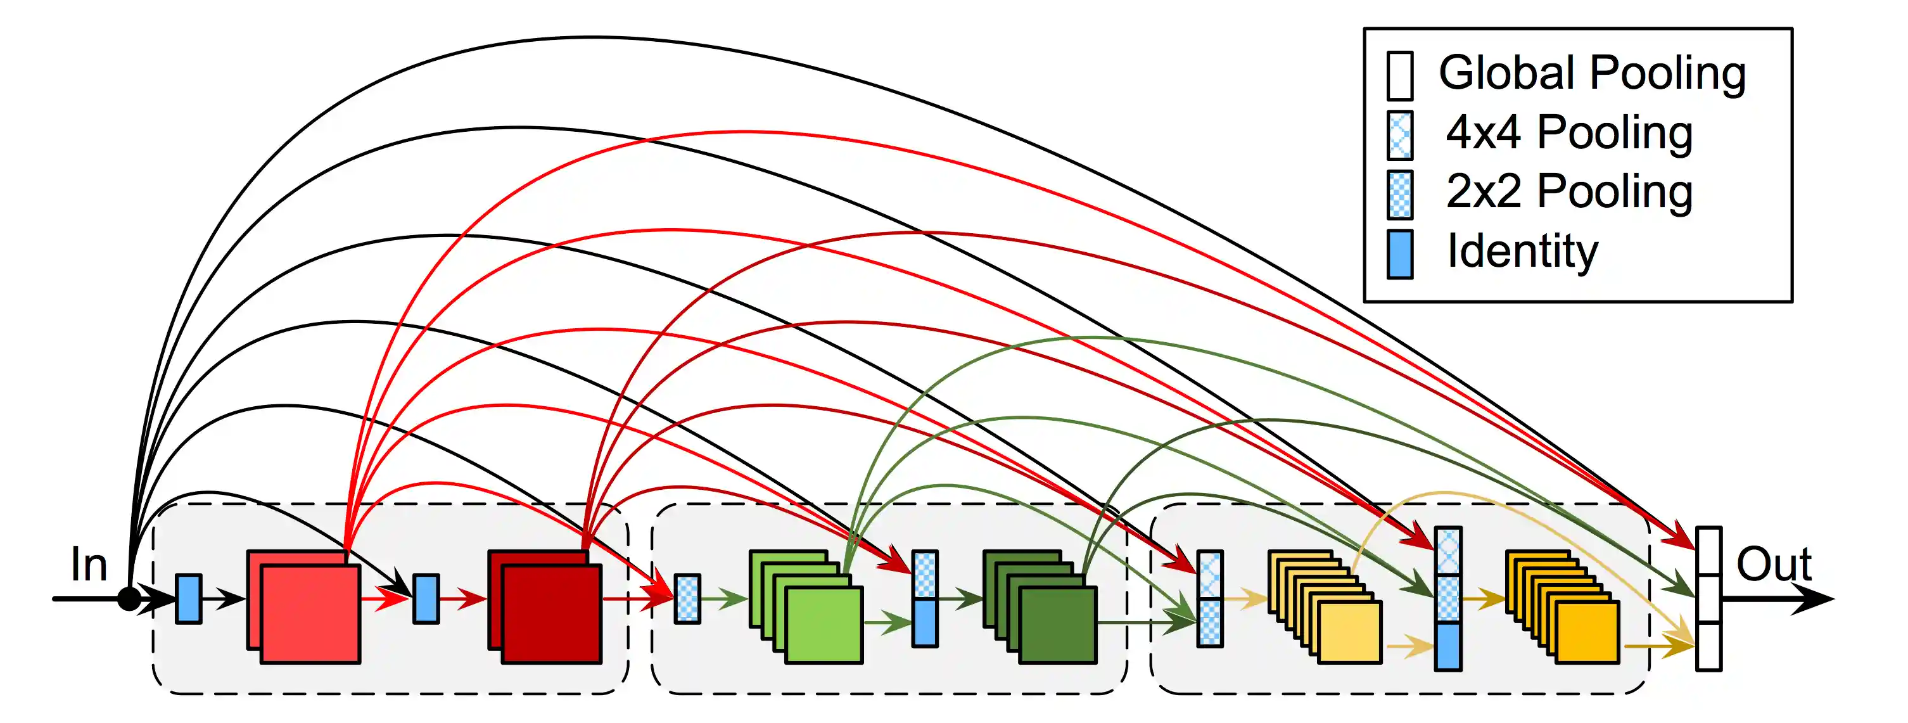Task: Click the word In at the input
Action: [x=89, y=565]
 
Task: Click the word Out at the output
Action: [x=1773, y=565]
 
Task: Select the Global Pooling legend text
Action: [x=1592, y=74]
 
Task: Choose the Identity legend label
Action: [x=1522, y=252]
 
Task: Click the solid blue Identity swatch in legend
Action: [x=1399, y=254]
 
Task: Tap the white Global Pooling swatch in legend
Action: [x=1399, y=75]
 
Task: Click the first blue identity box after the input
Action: [x=188, y=599]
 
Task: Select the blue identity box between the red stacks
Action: [x=425, y=599]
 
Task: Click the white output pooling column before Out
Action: [x=1708, y=599]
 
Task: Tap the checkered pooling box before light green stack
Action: [x=687, y=599]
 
